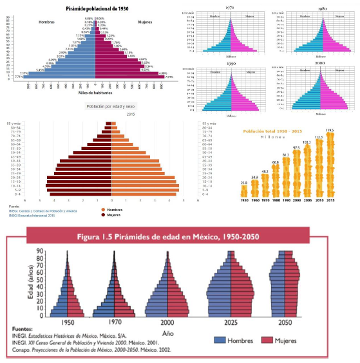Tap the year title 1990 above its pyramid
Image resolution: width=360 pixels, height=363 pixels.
coord(230,63)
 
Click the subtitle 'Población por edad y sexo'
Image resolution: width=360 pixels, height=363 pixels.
coord(113,106)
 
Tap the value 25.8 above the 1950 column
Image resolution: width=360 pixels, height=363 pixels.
coord(244,183)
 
